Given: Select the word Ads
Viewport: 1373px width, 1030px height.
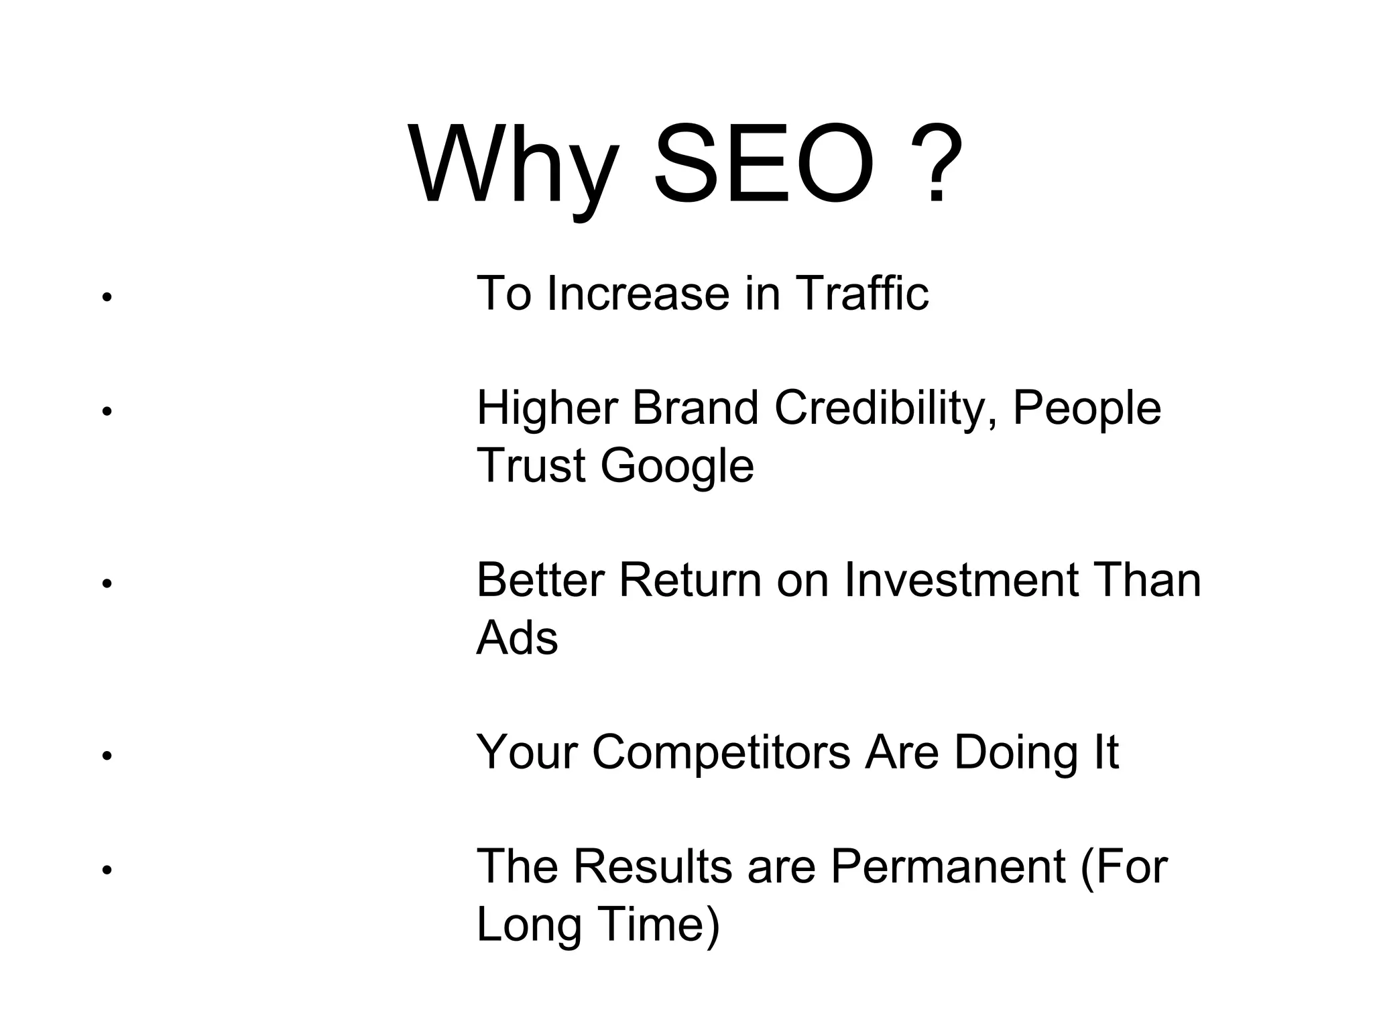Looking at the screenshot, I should point(517,638).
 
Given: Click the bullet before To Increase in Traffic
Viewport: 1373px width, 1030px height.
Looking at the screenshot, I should point(106,296).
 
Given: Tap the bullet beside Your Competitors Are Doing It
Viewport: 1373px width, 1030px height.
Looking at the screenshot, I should point(106,756).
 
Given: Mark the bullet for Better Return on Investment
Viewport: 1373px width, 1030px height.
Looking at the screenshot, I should point(106,583).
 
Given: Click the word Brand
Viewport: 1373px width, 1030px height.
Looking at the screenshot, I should point(695,408).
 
